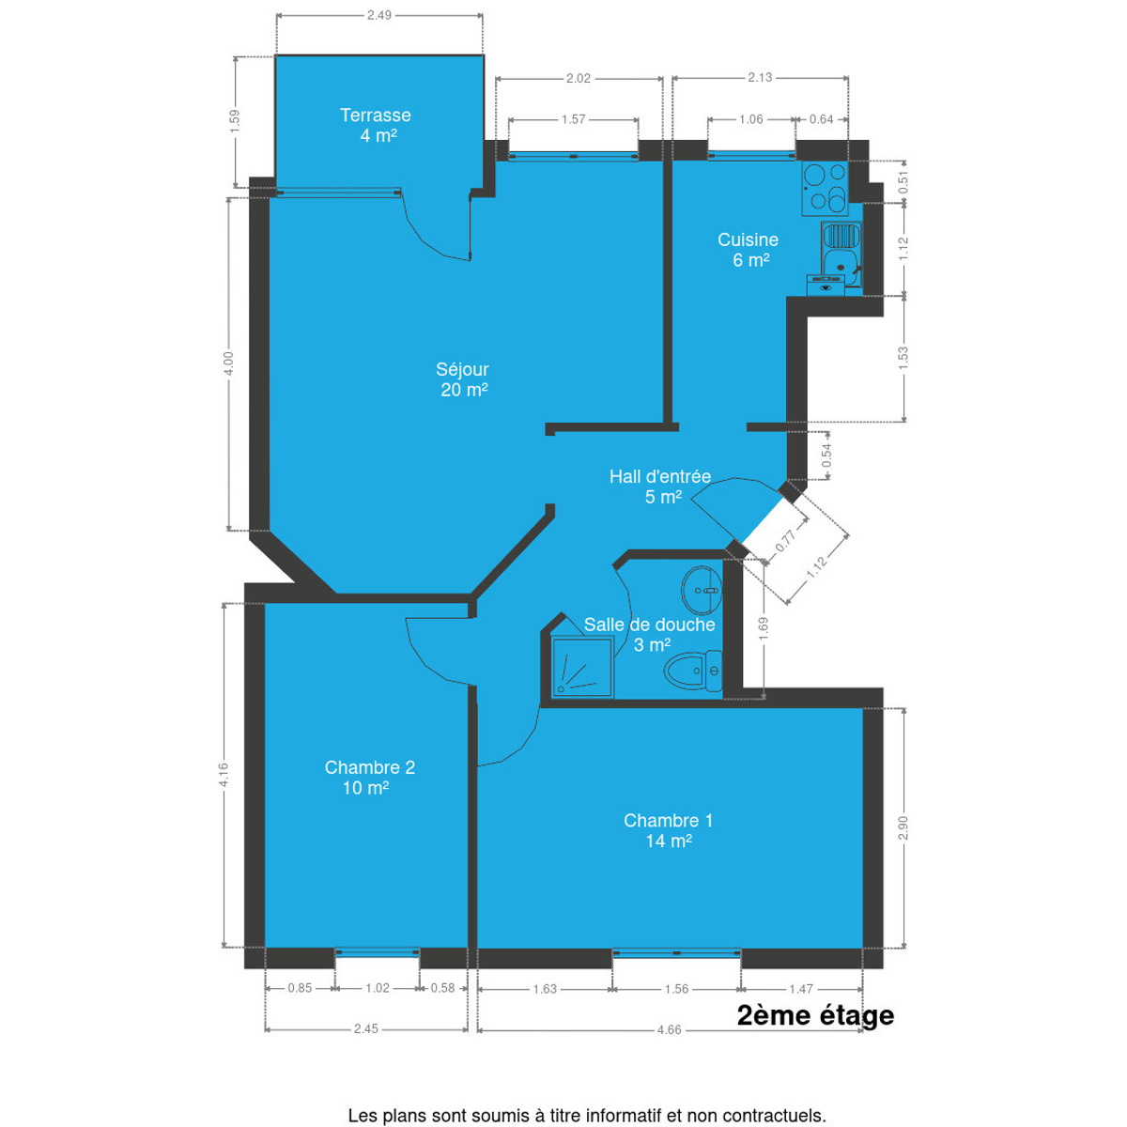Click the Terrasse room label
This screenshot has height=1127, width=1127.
375,125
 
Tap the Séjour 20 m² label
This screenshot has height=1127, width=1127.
463,379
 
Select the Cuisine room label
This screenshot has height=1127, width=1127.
748,249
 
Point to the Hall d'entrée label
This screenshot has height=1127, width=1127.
660,486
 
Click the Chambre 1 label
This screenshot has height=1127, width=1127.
668,830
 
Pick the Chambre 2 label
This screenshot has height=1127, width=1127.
370,777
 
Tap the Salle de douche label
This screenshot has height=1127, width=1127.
649,634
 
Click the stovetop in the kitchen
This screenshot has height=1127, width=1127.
825,187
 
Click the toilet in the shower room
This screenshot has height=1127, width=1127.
693,671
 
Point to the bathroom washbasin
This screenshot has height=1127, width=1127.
702,590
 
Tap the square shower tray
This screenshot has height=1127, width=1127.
582,667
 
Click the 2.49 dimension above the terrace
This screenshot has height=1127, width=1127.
379,15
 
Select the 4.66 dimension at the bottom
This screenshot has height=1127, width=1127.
669,1045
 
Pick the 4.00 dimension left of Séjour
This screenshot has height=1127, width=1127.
229,363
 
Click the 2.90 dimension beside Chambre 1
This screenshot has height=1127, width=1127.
903,828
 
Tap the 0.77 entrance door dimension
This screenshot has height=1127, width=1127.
785,541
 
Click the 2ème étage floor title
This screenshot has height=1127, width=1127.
815,1015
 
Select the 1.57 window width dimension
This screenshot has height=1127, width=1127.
573,119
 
